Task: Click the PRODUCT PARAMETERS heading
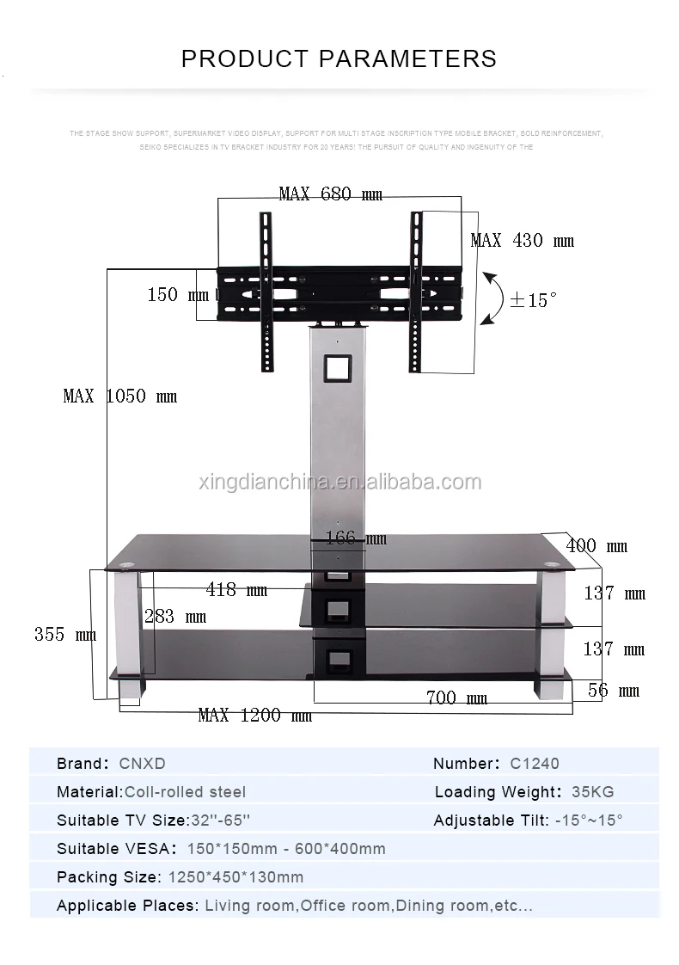[x=339, y=58]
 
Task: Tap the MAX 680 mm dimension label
[x=331, y=194]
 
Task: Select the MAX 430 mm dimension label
[x=522, y=241]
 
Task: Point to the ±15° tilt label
[x=533, y=300]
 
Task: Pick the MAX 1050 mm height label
[x=119, y=396]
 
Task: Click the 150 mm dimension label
[x=178, y=295]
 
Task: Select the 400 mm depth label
[x=596, y=546]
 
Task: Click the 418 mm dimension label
[x=236, y=590]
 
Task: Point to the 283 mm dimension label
[x=175, y=617]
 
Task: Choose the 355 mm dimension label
[x=65, y=635]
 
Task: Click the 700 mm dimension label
[x=456, y=698]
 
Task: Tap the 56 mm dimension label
[x=614, y=691]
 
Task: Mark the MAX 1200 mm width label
[x=254, y=716]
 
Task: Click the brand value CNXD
[x=142, y=764]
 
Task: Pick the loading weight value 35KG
[x=592, y=792]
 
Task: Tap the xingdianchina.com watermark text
[x=339, y=482]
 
